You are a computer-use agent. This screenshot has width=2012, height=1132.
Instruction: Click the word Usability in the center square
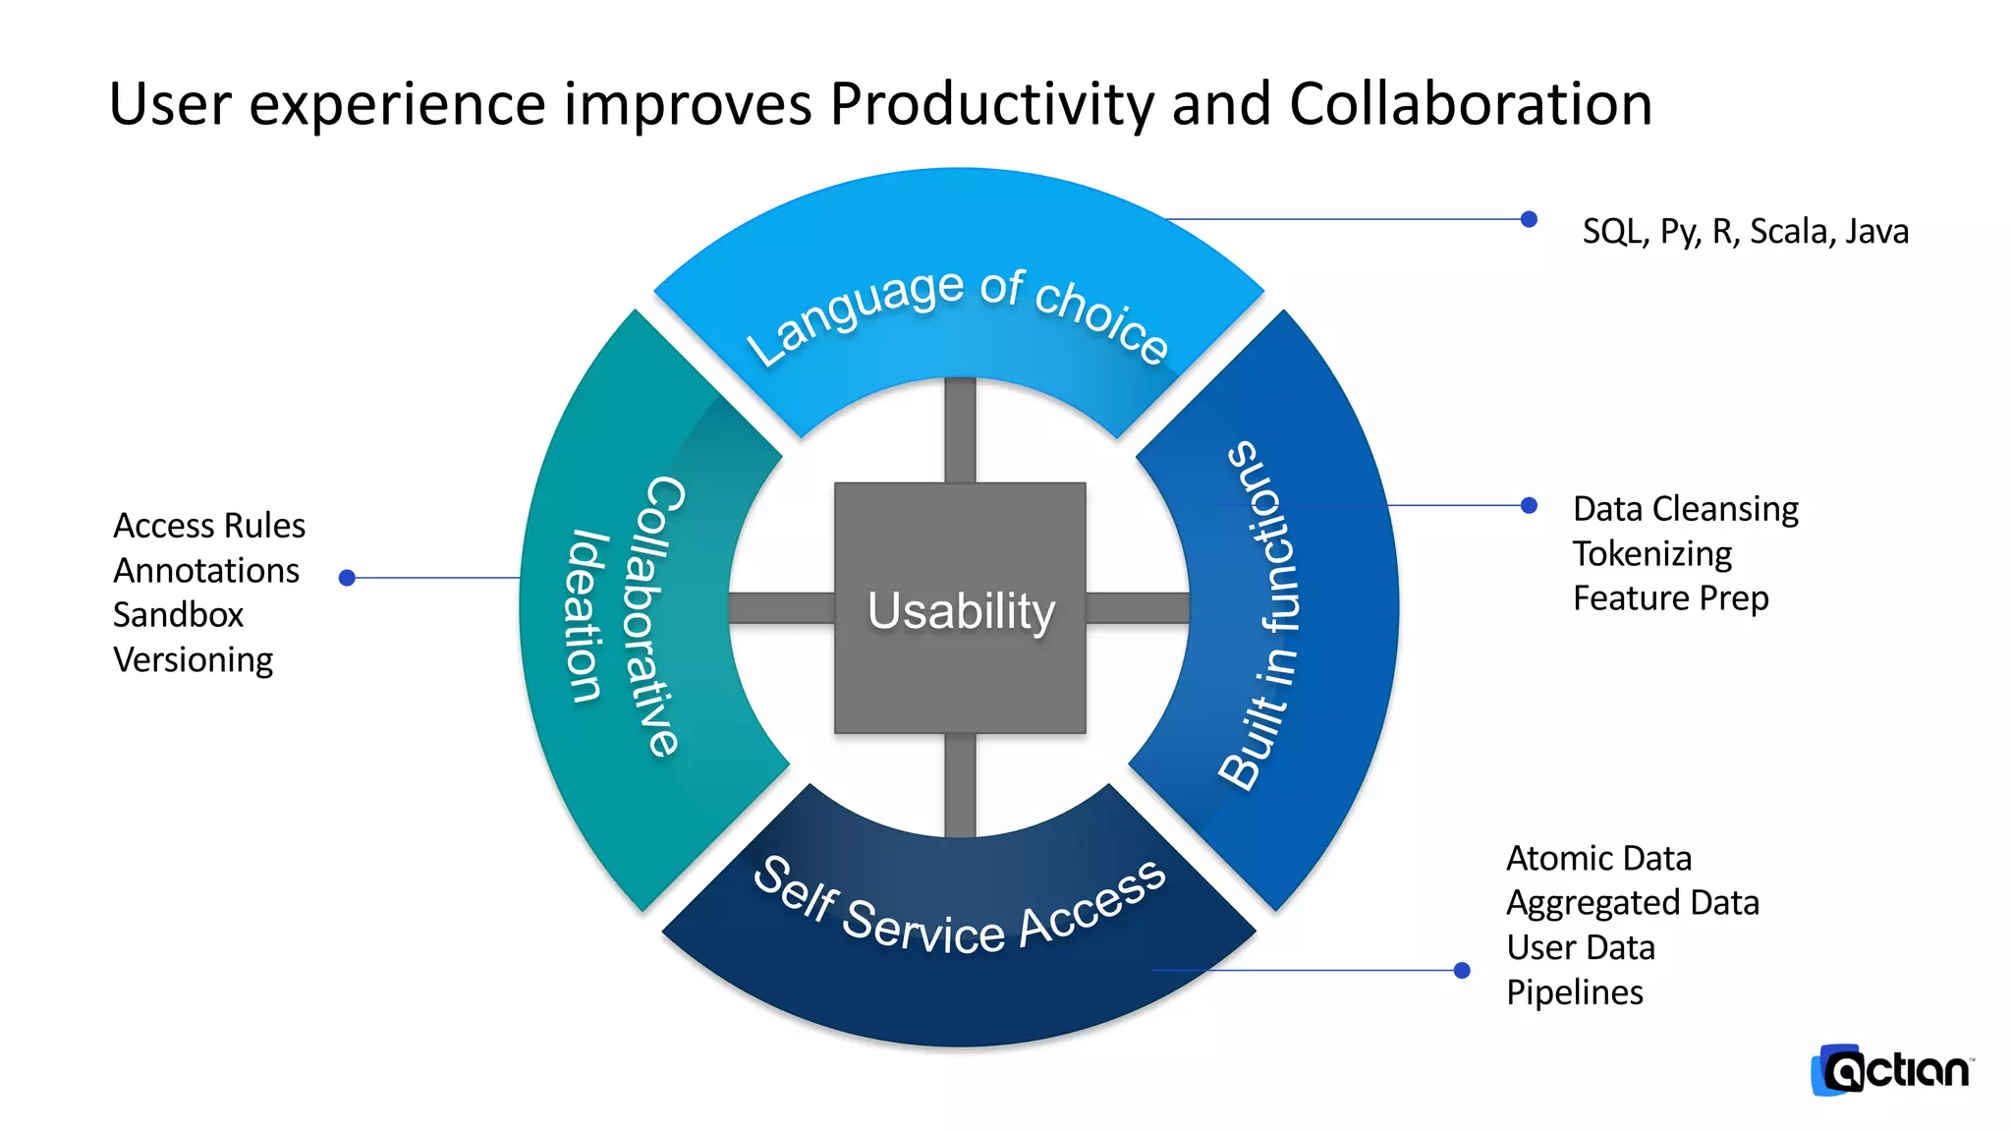961,610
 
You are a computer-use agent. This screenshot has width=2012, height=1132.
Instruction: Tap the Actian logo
1891,1070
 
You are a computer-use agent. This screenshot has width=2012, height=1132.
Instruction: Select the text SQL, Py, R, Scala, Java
1745,231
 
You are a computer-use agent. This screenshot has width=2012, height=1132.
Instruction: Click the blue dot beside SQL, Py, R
1529,219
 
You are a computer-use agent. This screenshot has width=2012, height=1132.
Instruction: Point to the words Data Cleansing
1685,509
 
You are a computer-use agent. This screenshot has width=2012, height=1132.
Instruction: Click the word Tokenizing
1651,553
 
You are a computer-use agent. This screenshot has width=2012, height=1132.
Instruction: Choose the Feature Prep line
1670,598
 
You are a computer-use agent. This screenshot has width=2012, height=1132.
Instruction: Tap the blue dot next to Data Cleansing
1529,505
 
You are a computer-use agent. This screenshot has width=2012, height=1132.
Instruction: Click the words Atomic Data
1598,858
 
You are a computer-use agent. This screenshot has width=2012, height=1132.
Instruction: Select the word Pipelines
1574,992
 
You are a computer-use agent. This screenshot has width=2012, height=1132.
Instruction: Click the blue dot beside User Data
1462,971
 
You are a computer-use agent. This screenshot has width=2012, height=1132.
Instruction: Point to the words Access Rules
208,526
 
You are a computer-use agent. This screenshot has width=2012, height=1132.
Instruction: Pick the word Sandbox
178,615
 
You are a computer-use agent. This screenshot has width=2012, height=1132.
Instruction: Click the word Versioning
193,660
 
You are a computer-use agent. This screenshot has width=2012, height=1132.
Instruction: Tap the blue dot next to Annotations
347,578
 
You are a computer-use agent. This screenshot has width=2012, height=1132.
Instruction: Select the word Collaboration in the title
1470,104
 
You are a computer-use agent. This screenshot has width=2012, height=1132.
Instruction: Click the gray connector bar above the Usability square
960,430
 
